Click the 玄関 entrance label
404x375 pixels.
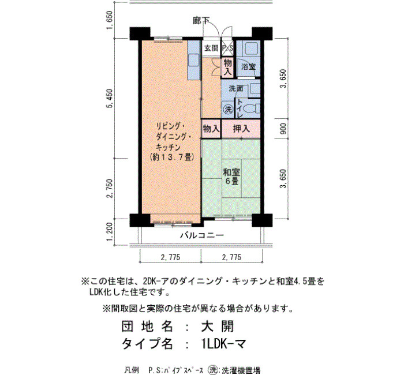tap(211, 48)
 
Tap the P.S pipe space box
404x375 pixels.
tap(228, 48)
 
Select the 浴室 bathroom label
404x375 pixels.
tap(248, 67)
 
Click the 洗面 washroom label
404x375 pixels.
tap(236, 89)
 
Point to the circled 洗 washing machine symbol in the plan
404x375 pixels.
tap(228, 109)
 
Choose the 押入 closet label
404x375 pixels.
tap(241, 128)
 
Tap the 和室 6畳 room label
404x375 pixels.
tap(231, 177)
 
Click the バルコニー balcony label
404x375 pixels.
tap(202, 235)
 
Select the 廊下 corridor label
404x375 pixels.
tap(201, 21)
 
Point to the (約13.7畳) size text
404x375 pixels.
tap(172, 157)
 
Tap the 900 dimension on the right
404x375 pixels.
tap(283, 129)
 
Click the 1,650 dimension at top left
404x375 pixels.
tap(110, 20)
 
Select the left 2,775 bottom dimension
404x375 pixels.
tap(170, 257)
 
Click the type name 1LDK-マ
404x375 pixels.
tap(224, 343)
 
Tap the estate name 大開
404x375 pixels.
tap(218, 327)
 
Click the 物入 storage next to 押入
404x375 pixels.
tap(211, 128)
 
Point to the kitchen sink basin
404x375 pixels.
tap(194, 60)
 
